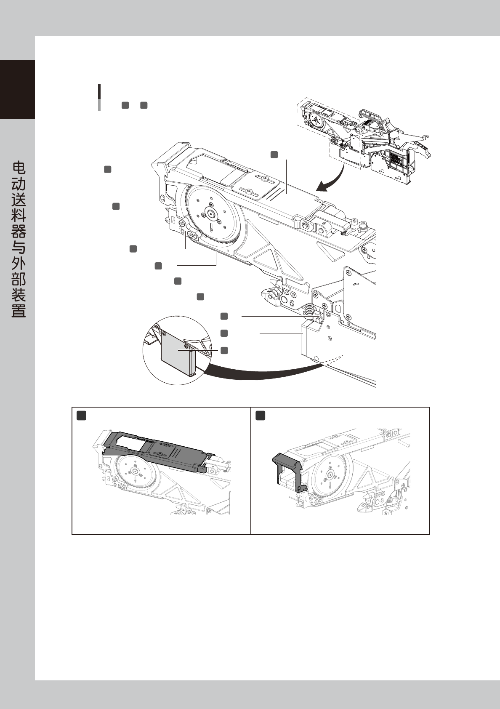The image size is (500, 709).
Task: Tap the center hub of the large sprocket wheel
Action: click(x=211, y=214)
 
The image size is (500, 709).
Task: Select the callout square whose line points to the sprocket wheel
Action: click(x=116, y=206)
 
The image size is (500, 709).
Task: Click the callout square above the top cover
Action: click(x=274, y=155)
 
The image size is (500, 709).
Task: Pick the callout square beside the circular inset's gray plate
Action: click(x=224, y=350)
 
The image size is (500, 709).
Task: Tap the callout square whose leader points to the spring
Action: click(x=224, y=316)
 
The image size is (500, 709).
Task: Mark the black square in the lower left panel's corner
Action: click(x=82, y=416)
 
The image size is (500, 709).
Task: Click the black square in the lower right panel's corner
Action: click(x=261, y=416)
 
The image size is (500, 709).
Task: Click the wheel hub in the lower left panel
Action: click(x=135, y=472)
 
